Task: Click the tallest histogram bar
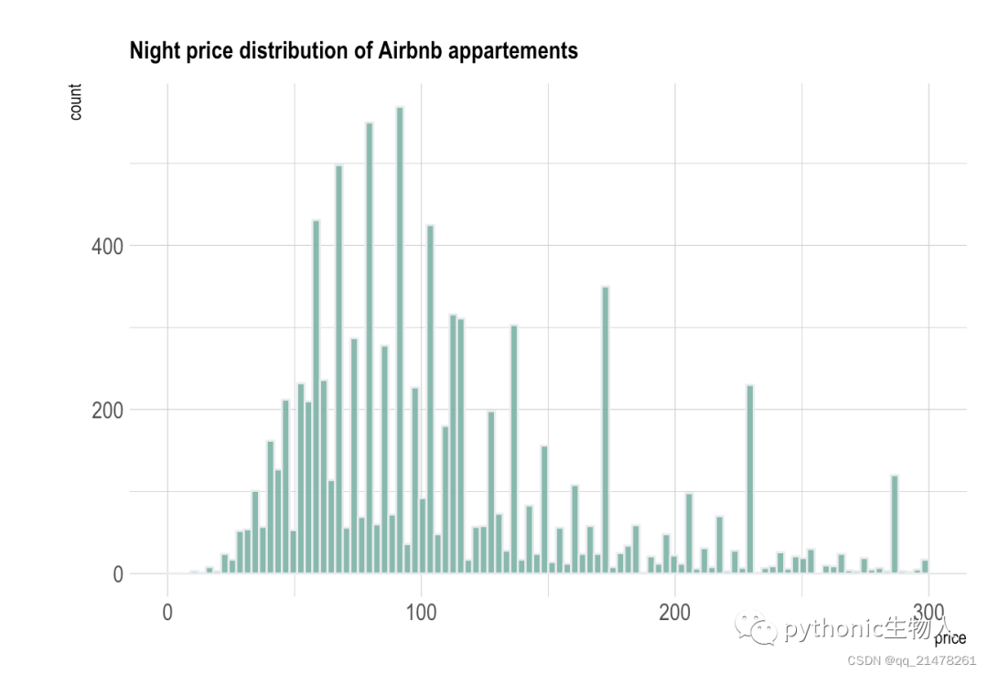400,340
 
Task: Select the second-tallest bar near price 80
370,348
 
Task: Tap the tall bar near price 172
605,430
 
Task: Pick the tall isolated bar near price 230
750,478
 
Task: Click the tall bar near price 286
894,524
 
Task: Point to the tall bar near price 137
514,449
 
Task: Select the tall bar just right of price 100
430,399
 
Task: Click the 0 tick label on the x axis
167,612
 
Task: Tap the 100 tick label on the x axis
421,612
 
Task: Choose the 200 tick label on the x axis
675,612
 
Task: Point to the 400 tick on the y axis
107,246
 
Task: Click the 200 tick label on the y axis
107,410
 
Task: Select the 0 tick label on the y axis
118,574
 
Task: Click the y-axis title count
76,102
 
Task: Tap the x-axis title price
950,638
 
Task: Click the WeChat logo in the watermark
755,628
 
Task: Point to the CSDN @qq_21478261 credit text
911,660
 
